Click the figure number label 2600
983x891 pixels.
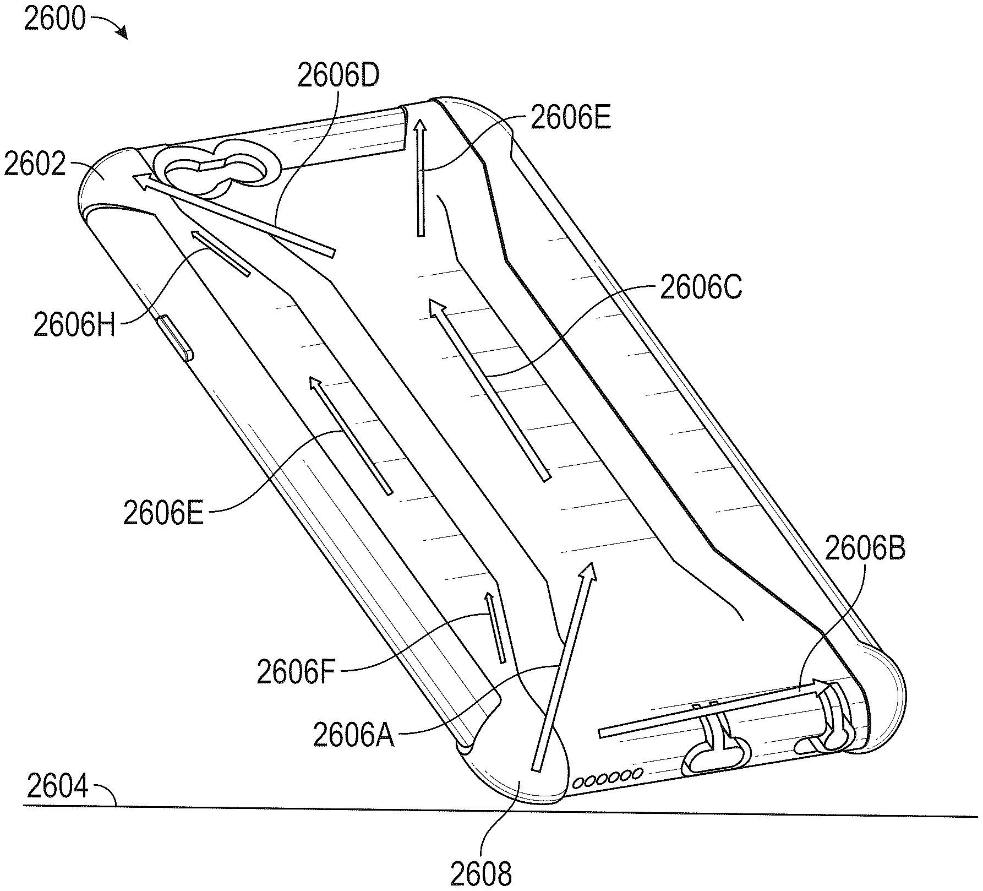(x=56, y=19)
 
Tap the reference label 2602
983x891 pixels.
(x=35, y=164)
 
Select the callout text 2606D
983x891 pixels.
(x=338, y=75)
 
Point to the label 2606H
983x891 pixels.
(x=74, y=324)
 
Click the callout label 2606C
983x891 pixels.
(x=701, y=287)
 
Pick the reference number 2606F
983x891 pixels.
(x=296, y=672)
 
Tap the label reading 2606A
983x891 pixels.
(x=354, y=735)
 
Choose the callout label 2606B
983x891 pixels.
(x=865, y=548)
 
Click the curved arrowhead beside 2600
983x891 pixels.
(x=122, y=32)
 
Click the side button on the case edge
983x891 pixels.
(x=174, y=338)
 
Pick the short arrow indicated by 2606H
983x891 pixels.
(x=220, y=253)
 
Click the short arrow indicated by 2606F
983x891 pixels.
(x=495, y=627)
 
